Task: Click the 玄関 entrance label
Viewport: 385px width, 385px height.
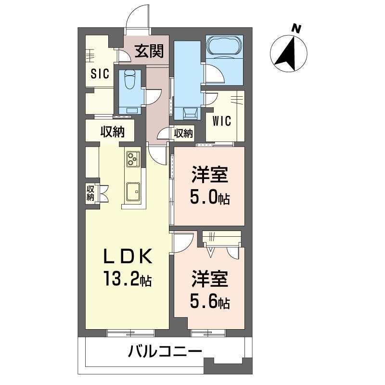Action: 149,51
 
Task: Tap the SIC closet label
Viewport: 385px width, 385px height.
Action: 100,74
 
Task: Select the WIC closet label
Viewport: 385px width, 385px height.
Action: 222,121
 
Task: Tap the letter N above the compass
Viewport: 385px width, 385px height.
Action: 296,29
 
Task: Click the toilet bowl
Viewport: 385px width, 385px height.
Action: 130,80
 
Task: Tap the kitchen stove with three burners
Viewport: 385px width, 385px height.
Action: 133,159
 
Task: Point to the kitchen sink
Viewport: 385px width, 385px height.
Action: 133,192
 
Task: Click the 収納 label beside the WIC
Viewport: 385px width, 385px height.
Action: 184,133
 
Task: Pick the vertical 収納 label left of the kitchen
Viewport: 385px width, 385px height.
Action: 90,193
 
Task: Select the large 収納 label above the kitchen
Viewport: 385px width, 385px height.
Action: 113,132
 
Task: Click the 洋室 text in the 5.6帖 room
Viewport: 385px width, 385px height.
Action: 210,279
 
